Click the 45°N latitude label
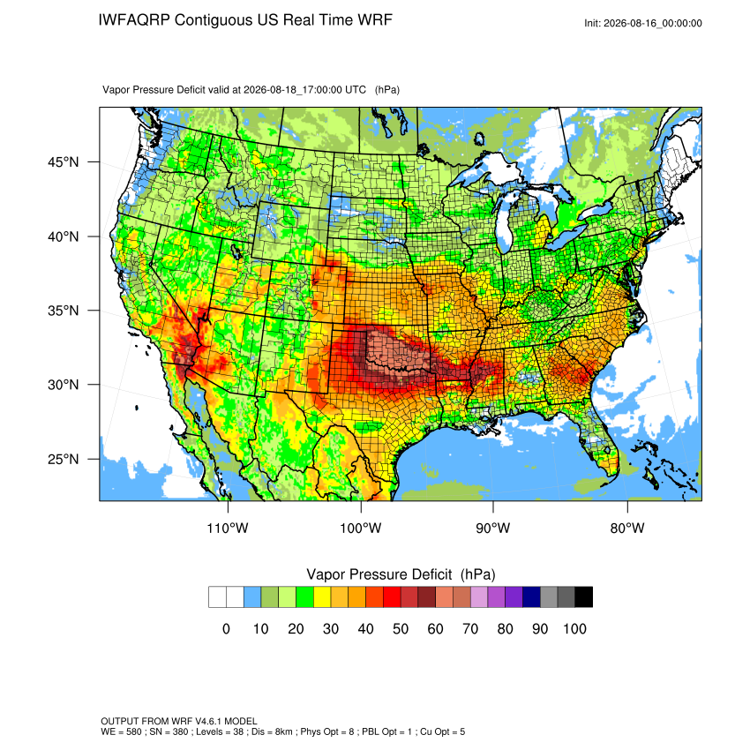click(64, 162)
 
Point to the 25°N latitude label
click(64, 459)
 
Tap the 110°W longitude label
click(228, 528)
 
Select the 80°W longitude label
click(627, 528)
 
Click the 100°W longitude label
click(361, 528)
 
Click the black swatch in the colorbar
click(583, 597)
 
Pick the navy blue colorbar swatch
click(531, 597)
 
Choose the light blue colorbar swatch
click(252, 597)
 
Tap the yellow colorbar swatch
click(322, 597)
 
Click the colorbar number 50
click(401, 628)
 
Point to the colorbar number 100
click(574, 628)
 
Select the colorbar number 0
click(226, 628)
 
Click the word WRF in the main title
click(377, 20)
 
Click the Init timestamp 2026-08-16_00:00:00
click(653, 24)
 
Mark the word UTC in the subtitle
click(356, 90)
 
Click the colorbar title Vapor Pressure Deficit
click(379, 574)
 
